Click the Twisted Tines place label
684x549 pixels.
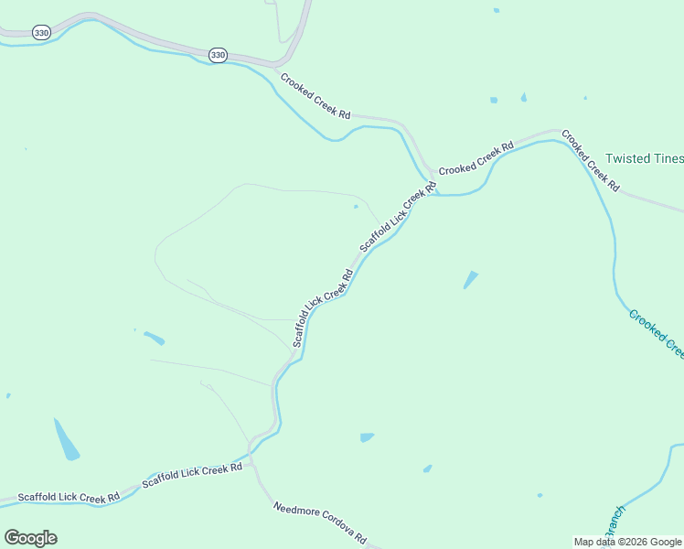point(644,158)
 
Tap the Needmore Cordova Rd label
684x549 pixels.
point(320,523)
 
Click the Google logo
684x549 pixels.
point(30,538)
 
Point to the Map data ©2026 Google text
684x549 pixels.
point(626,542)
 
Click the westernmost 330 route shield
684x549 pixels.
point(40,33)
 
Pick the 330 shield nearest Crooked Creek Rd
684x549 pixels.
point(217,55)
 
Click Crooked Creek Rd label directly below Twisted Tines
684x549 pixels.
point(590,159)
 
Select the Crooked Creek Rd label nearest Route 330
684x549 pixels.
point(315,96)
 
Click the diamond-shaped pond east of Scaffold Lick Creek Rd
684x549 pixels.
point(471,279)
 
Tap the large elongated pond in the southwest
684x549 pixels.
point(66,439)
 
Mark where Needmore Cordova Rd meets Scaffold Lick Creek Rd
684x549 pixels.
point(253,465)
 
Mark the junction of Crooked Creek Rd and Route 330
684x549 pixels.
point(275,66)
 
